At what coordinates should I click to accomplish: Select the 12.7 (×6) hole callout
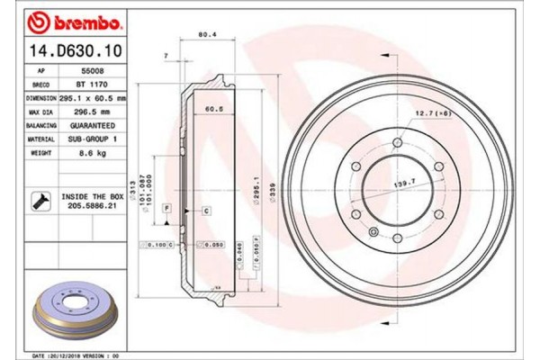coord(431,113)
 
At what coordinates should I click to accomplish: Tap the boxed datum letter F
coord(166,209)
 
